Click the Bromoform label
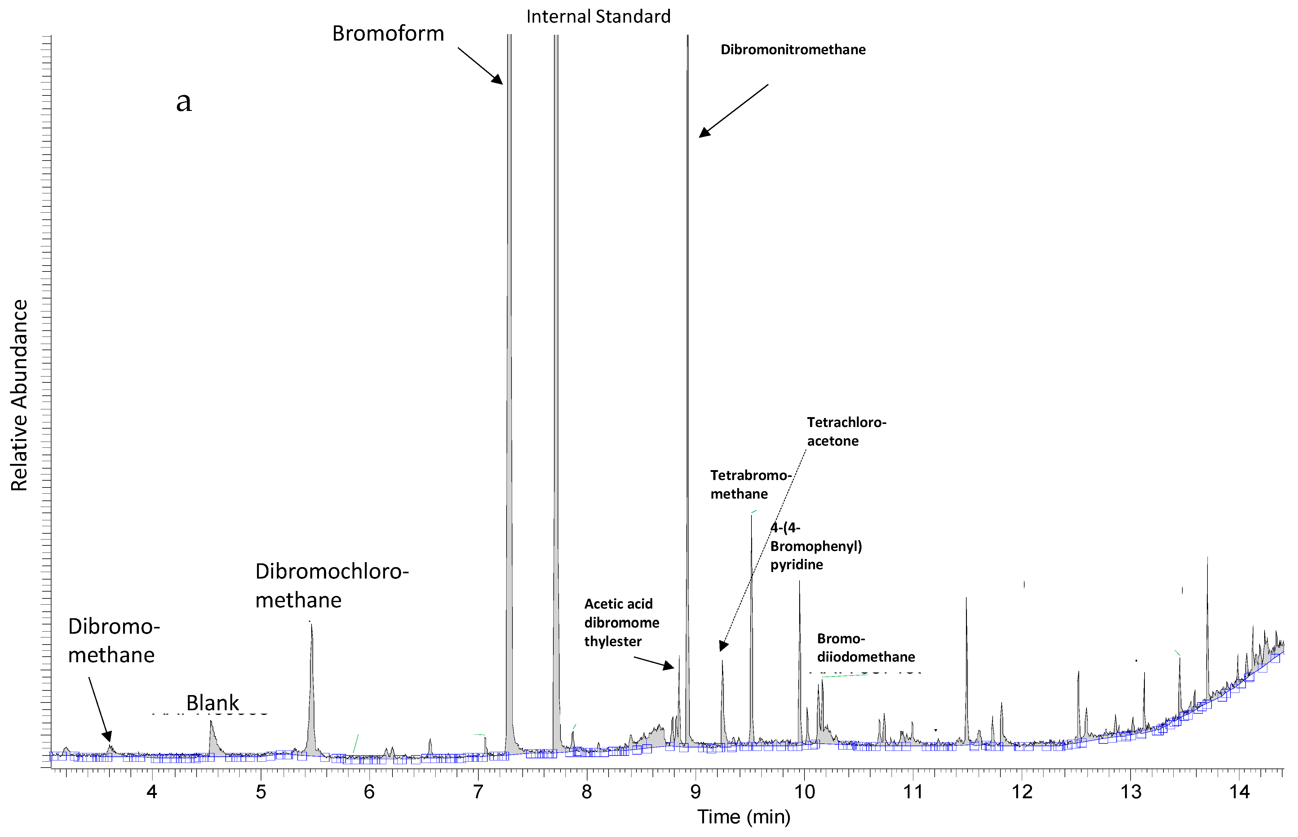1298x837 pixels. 388,34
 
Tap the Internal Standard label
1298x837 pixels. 598,17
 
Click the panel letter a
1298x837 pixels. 184,102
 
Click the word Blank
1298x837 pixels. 213,703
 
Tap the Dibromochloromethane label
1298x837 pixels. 332,586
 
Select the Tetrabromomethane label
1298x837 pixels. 750,484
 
